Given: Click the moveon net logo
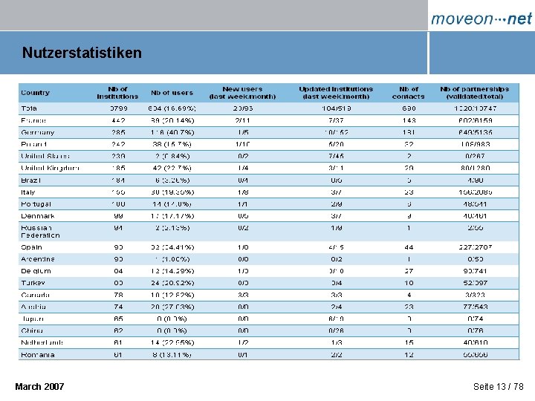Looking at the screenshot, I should click(481, 19).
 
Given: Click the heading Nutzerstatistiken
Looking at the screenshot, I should click(82, 53).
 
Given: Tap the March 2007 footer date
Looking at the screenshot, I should click(39, 387).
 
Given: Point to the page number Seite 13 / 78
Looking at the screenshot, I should click(498, 387).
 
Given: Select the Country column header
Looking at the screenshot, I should click(36, 93).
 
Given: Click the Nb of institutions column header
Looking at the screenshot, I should click(117, 93).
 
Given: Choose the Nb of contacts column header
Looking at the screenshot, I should click(408, 93).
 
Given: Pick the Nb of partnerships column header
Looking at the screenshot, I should click(474, 93).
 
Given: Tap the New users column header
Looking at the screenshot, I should click(241, 93).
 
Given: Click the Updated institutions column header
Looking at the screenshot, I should click(335, 93).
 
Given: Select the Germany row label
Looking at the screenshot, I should click(38, 132).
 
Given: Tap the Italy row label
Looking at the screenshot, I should click(28, 192).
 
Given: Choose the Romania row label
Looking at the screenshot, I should click(38, 354).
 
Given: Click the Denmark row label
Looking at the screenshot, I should click(38, 215).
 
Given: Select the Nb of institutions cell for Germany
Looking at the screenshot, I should click(117, 132).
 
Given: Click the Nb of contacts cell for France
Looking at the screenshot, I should click(408, 120).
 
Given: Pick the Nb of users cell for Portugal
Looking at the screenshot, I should click(172, 203).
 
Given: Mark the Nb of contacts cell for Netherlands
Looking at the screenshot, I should click(408, 342).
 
